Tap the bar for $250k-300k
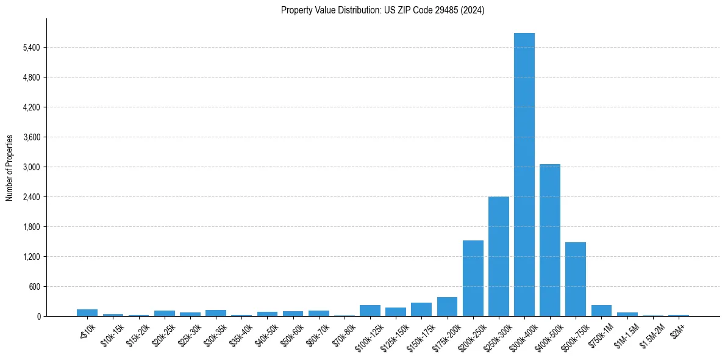(498, 256)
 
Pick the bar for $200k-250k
(473, 278)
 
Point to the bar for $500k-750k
(575, 279)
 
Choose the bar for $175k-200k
(447, 307)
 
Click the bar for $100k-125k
(370, 311)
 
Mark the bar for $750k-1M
(601, 311)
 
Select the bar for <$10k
(87, 312)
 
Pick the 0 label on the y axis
(38, 317)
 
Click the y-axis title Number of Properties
(10, 167)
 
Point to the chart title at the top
(382, 10)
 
